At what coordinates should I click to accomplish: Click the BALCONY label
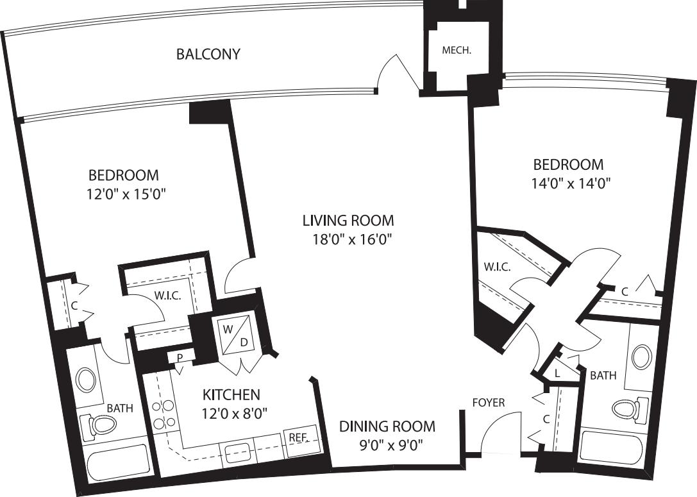(x=208, y=54)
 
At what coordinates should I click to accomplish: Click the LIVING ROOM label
(x=348, y=221)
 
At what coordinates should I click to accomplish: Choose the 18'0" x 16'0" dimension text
(x=348, y=240)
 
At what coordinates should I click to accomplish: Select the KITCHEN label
(x=231, y=394)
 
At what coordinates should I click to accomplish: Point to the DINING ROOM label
(x=387, y=426)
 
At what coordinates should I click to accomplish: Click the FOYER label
(x=489, y=403)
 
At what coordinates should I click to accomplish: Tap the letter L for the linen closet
(x=557, y=373)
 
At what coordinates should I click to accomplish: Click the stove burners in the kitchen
(x=164, y=414)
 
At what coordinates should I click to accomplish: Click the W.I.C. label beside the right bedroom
(x=498, y=267)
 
